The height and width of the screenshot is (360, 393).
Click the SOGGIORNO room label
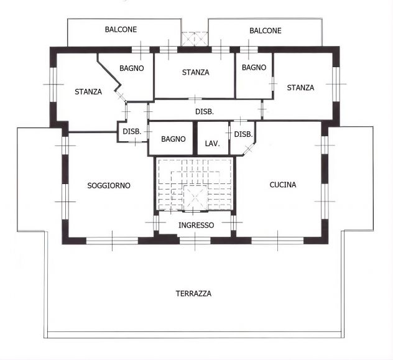point(109,186)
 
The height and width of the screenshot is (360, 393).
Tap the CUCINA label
point(283,185)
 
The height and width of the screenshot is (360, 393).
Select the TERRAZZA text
point(193,293)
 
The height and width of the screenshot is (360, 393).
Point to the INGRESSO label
point(196,225)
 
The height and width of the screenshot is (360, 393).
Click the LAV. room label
point(212,144)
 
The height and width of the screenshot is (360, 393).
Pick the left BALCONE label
point(121,30)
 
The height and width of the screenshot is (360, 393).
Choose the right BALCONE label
point(266,31)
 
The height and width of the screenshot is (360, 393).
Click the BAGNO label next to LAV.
point(173,139)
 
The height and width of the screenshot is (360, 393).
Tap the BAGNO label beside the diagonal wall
point(132,68)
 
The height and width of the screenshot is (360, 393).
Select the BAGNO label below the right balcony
point(254,67)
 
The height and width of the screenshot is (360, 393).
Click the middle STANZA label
point(195,72)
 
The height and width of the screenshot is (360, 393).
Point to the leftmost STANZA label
point(88,92)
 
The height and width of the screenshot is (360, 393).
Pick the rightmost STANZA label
point(300,88)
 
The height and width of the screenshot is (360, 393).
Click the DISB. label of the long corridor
point(205,112)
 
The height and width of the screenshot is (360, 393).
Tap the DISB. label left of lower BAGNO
point(132,132)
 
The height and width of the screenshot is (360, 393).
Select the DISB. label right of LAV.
point(243,134)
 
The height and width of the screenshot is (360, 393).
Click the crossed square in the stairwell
point(195,198)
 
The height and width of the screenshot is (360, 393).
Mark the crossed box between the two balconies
point(195,39)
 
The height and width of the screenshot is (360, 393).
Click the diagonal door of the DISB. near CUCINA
point(249,149)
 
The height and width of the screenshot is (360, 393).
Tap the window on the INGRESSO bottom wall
point(195,241)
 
